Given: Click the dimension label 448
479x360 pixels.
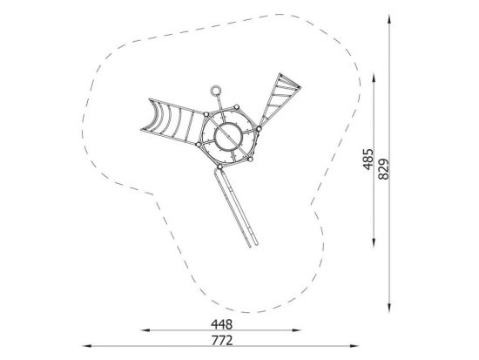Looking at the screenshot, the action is pyautogui.click(x=221, y=324).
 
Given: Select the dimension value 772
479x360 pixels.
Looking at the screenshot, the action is pyautogui.click(x=222, y=340).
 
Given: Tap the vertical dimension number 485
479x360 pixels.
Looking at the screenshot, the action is pyautogui.click(x=368, y=159).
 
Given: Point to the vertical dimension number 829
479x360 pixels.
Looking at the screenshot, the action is pyautogui.click(x=384, y=169).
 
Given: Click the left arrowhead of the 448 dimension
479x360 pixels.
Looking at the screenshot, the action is pyautogui.click(x=145, y=330).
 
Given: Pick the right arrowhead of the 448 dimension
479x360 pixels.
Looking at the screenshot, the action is pyautogui.click(x=297, y=330).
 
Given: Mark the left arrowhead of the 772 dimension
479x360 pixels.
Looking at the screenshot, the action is pyautogui.click(x=87, y=346).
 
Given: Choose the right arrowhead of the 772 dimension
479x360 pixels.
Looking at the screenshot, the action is pyautogui.click(x=354, y=346).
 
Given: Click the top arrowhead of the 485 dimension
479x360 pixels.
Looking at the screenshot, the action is pyautogui.click(x=374, y=78).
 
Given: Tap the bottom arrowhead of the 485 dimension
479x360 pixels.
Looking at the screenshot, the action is pyautogui.click(x=374, y=242).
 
